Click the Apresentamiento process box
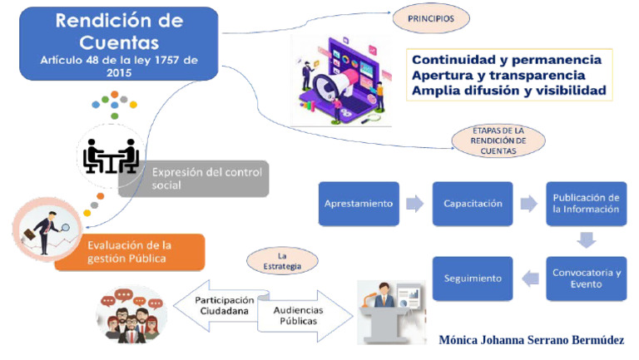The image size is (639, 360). (359, 204)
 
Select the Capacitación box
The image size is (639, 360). (472, 204)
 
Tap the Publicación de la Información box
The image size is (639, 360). (586, 204)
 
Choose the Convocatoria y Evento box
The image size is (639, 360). (586, 279)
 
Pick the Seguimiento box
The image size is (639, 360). (472, 279)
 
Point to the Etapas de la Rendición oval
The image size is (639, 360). (498, 141)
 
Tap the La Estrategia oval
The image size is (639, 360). (282, 261)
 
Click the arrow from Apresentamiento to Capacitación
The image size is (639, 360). (414, 204)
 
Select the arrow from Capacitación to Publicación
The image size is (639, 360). (528, 204)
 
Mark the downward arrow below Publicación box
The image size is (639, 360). (587, 240)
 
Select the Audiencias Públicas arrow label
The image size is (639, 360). (299, 315)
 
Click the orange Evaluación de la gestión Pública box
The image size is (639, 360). (133, 251)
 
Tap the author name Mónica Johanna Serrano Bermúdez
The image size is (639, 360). (530, 340)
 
